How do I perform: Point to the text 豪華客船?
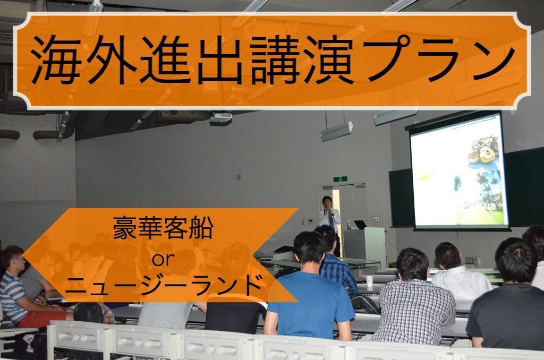[163, 227]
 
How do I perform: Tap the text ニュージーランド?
[163, 284]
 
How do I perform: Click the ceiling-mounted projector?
[220, 118]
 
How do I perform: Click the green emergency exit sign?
[341, 179]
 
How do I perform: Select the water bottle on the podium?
[348, 225]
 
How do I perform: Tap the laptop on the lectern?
[361, 225]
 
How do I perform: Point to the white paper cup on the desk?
[370, 280]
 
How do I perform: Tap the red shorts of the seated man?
[44, 318]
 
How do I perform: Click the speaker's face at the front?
[327, 202]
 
